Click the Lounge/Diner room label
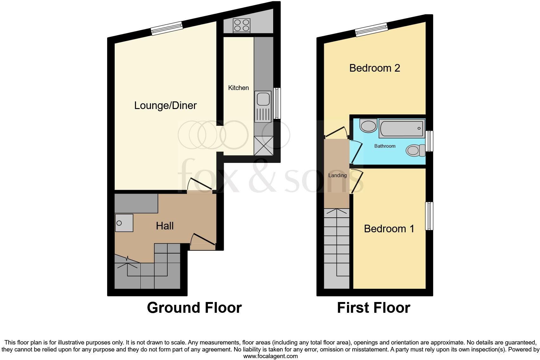click(x=165, y=105)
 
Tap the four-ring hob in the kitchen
click(x=242, y=25)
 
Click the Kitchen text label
click(x=238, y=88)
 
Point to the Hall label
click(x=165, y=226)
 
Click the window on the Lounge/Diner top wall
click(x=167, y=28)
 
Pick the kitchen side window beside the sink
click(x=277, y=103)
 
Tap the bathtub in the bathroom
click(x=401, y=129)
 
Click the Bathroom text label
click(x=385, y=146)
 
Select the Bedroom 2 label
click(x=375, y=68)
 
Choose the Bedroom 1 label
click(x=389, y=228)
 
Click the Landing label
click(x=337, y=175)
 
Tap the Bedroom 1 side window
click(x=429, y=216)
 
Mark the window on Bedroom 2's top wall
click(x=371, y=29)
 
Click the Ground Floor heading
click(x=194, y=308)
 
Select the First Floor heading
click(x=373, y=308)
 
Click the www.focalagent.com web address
click(x=270, y=356)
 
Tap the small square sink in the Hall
click(x=124, y=223)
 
